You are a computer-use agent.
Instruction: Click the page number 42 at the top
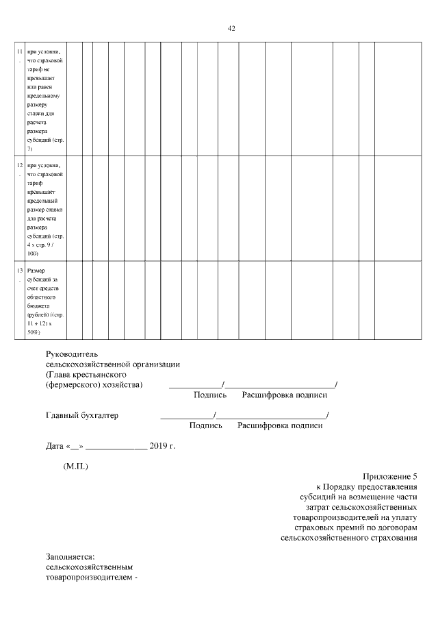231,28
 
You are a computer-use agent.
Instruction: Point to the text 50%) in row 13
34,332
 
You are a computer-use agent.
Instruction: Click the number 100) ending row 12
33,253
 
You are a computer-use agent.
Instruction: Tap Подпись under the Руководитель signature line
210,395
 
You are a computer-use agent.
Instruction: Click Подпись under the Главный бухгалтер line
206,425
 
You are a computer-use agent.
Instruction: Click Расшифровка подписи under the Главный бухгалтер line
280,425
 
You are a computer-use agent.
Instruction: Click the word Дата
55,446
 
